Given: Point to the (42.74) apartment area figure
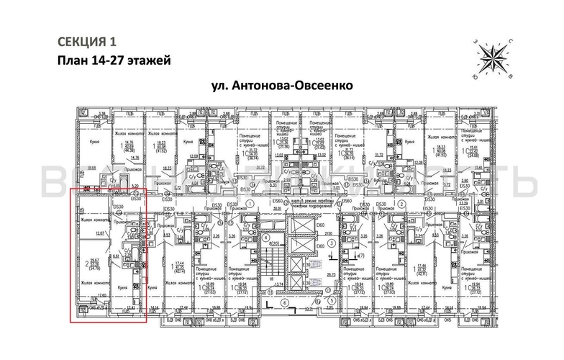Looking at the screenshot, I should (180, 273).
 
